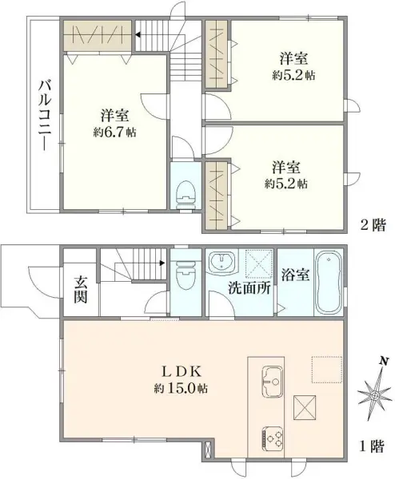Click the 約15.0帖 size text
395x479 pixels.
181,388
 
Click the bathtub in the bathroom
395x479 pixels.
329,283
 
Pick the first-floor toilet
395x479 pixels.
185,276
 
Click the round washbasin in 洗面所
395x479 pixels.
221,262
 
